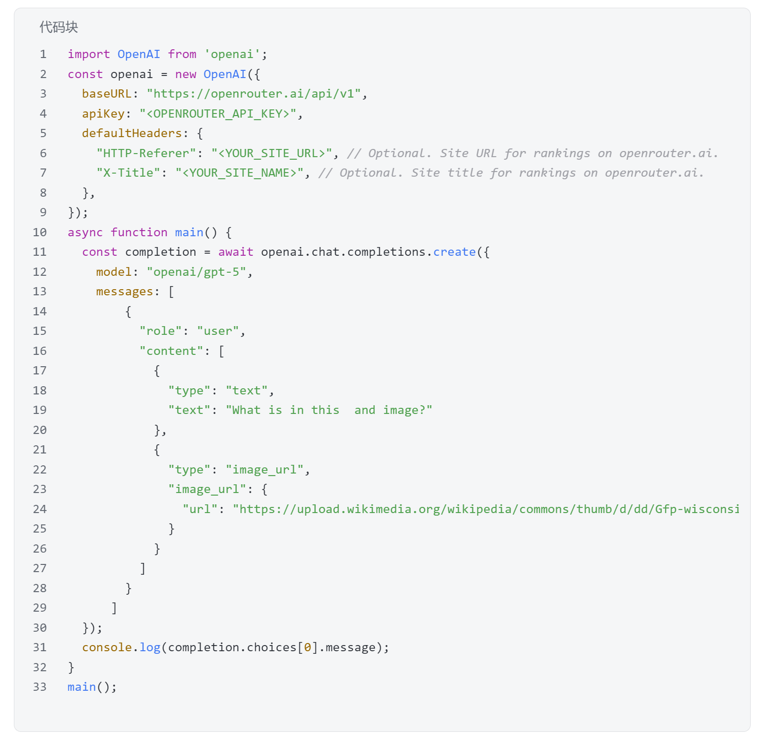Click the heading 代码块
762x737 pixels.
point(59,27)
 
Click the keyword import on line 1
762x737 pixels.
point(88,54)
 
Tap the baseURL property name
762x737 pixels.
point(107,93)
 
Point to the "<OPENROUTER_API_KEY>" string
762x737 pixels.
point(218,114)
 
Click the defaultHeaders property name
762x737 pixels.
point(132,133)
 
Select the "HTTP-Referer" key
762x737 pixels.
point(146,153)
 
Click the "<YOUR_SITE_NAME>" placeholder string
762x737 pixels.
point(239,173)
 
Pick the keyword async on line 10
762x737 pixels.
point(85,232)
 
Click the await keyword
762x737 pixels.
point(236,252)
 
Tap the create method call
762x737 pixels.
point(454,252)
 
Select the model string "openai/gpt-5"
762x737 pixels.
point(197,272)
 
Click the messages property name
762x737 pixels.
point(124,291)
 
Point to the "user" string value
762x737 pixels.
point(218,331)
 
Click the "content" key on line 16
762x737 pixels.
point(172,351)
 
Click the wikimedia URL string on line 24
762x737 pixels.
point(486,509)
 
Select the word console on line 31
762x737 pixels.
point(107,647)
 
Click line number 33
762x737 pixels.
point(40,687)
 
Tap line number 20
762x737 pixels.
point(40,430)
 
